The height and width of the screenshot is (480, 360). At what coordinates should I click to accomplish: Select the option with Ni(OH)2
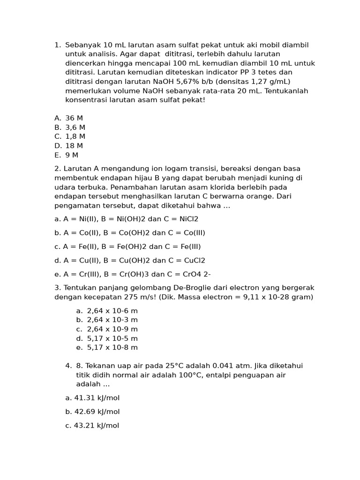click(x=126, y=219)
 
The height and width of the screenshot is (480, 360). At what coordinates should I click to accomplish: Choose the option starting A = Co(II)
click(x=130, y=233)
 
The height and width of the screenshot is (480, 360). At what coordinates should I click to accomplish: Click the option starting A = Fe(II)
click(x=127, y=247)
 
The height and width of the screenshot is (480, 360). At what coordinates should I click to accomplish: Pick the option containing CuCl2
click(x=130, y=261)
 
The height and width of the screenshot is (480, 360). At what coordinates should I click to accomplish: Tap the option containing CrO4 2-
click(x=133, y=274)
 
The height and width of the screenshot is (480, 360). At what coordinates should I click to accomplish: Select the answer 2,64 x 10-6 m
click(x=112, y=311)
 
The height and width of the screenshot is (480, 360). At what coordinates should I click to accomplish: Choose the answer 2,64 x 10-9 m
click(x=112, y=329)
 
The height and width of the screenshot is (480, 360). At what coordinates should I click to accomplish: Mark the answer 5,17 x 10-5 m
click(x=112, y=338)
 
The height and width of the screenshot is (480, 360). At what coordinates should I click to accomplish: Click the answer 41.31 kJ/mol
click(x=92, y=398)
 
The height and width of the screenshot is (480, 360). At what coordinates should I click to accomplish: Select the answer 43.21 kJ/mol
click(x=92, y=426)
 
